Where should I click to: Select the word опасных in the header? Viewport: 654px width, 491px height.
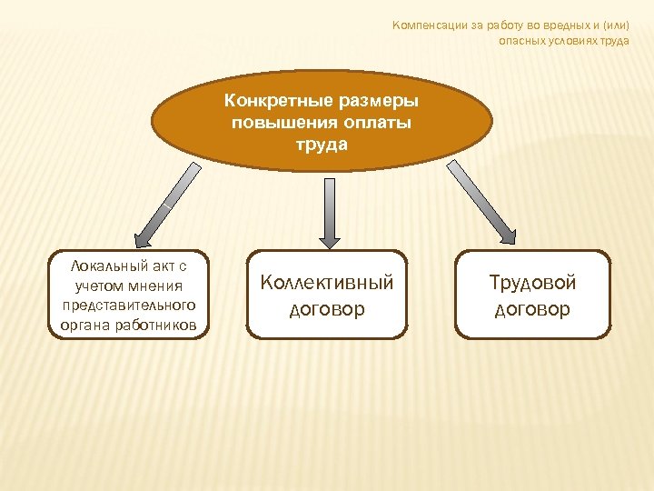(521, 41)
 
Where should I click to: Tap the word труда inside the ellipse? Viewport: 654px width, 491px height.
(322, 144)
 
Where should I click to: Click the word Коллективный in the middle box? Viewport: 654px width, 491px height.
(327, 283)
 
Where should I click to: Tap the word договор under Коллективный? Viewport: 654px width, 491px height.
(327, 309)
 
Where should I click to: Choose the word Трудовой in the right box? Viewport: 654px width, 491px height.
(532, 283)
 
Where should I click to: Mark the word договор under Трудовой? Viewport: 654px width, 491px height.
(532, 309)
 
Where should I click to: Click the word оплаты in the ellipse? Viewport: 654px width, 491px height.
(376, 123)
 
